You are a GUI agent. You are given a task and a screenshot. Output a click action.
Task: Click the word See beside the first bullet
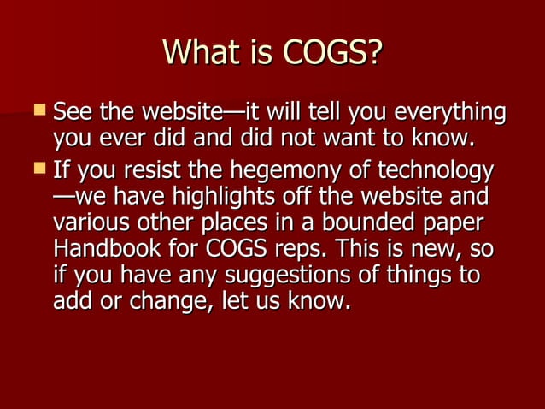tap(73, 112)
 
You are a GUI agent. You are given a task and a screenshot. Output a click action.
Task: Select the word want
tap(376, 139)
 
